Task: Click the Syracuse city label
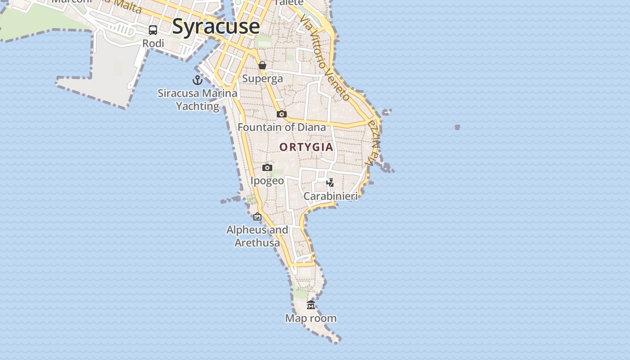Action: coord(216,26)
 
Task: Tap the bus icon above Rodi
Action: coord(153,30)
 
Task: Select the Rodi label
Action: coord(153,44)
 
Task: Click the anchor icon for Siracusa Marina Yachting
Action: coord(197,80)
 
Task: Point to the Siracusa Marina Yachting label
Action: coord(197,99)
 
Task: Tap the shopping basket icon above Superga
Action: coord(262,66)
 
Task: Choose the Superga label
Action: coord(262,79)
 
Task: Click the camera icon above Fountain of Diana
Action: coord(282,114)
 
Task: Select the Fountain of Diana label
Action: coord(282,127)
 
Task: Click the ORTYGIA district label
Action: coord(306,147)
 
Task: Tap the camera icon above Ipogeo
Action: coord(267,168)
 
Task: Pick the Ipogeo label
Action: coord(267,181)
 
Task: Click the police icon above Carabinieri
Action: coord(330,183)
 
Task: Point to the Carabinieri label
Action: coord(330,196)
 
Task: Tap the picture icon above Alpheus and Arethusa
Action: coord(257,217)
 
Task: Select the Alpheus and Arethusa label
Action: coord(257,236)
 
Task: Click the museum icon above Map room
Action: coord(311,305)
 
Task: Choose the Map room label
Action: coord(311,319)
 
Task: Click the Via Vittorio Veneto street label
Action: coord(325,58)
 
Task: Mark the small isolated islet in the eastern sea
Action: coord(457,127)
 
